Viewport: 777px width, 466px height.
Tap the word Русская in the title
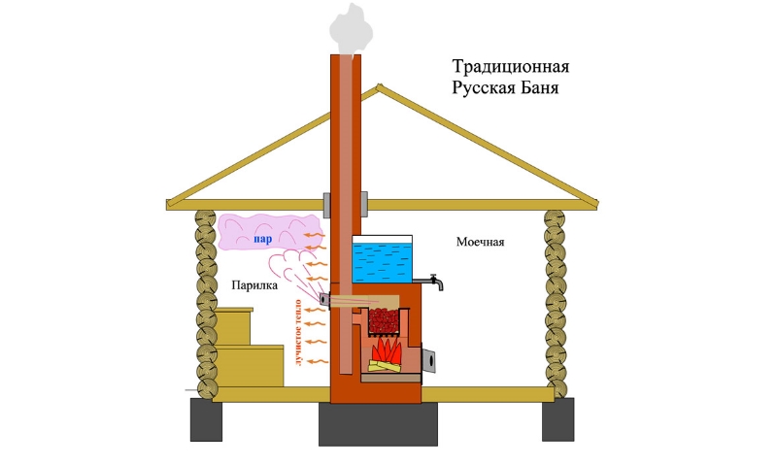tap(483, 88)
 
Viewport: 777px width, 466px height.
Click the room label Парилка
tap(254, 286)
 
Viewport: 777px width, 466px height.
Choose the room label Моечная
tap(481, 242)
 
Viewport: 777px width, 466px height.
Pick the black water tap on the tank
tap(435, 284)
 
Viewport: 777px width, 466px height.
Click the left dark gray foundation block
tap(204, 419)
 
